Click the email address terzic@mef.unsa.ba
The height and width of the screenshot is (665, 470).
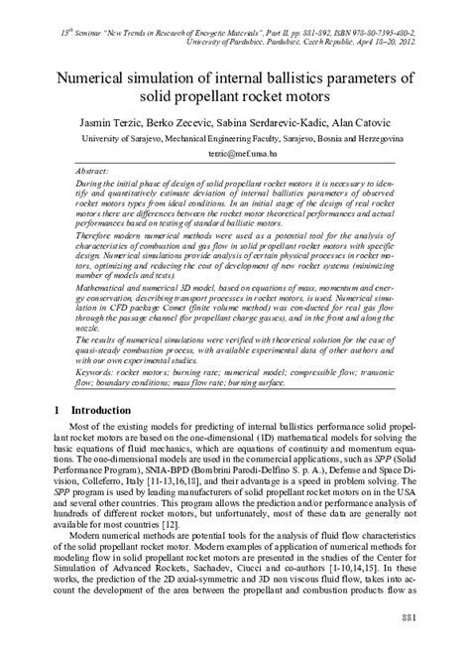point(235,156)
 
